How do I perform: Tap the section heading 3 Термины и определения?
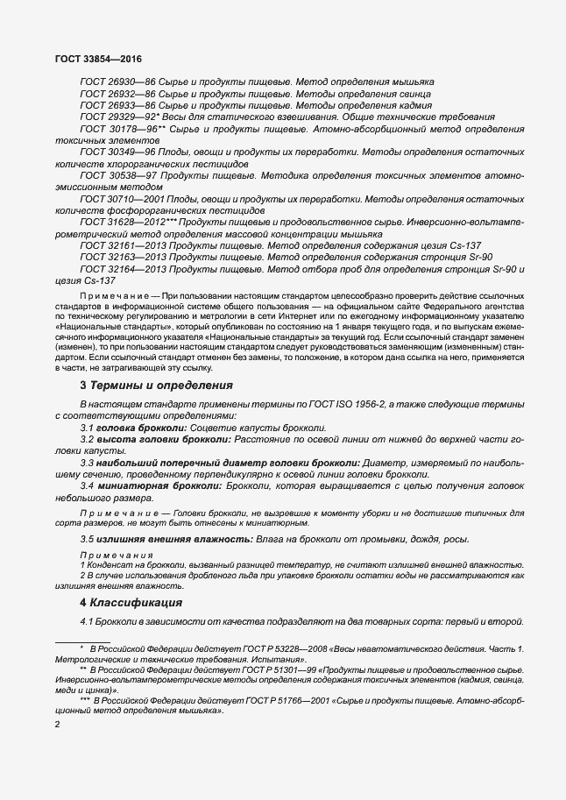156,385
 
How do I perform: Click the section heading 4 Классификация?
131,603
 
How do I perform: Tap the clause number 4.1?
87,621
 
